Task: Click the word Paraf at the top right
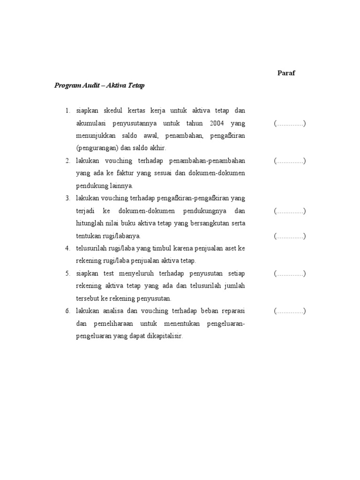pyautogui.click(x=286, y=73)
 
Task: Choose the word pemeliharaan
pyautogui.click(x=120, y=323)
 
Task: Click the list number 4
pyautogui.click(x=67, y=248)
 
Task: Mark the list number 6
pyautogui.click(x=67, y=311)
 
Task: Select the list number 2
pyautogui.click(x=67, y=161)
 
